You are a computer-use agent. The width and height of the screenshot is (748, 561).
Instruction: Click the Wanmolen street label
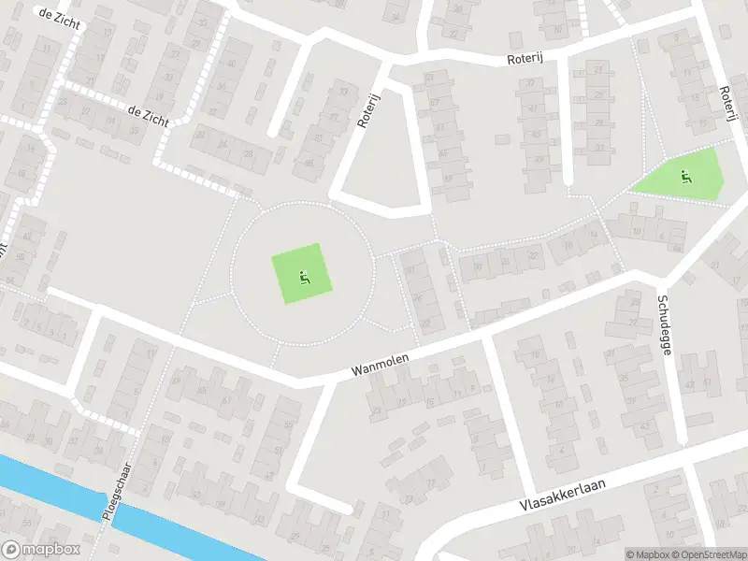381,361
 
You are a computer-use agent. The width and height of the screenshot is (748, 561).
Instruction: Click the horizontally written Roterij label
524,58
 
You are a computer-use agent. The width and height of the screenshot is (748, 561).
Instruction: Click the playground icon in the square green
301,276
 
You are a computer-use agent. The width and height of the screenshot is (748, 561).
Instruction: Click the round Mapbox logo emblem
12,550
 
